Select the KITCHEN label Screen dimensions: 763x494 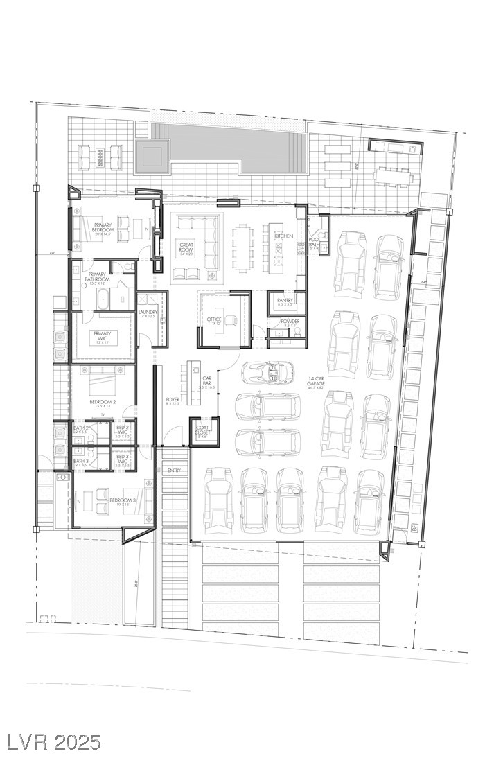(x=283, y=236)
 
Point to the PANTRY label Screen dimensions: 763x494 (x=285, y=301)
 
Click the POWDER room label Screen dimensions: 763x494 (x=290, y=323)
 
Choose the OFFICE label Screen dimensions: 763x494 (x=213, y=320)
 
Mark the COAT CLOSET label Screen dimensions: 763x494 (x=202, y=430)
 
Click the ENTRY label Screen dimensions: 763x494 (x=173, y=471)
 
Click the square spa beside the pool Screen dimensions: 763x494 (x=152, y=156)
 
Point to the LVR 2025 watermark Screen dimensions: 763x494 (x=53, y=742)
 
